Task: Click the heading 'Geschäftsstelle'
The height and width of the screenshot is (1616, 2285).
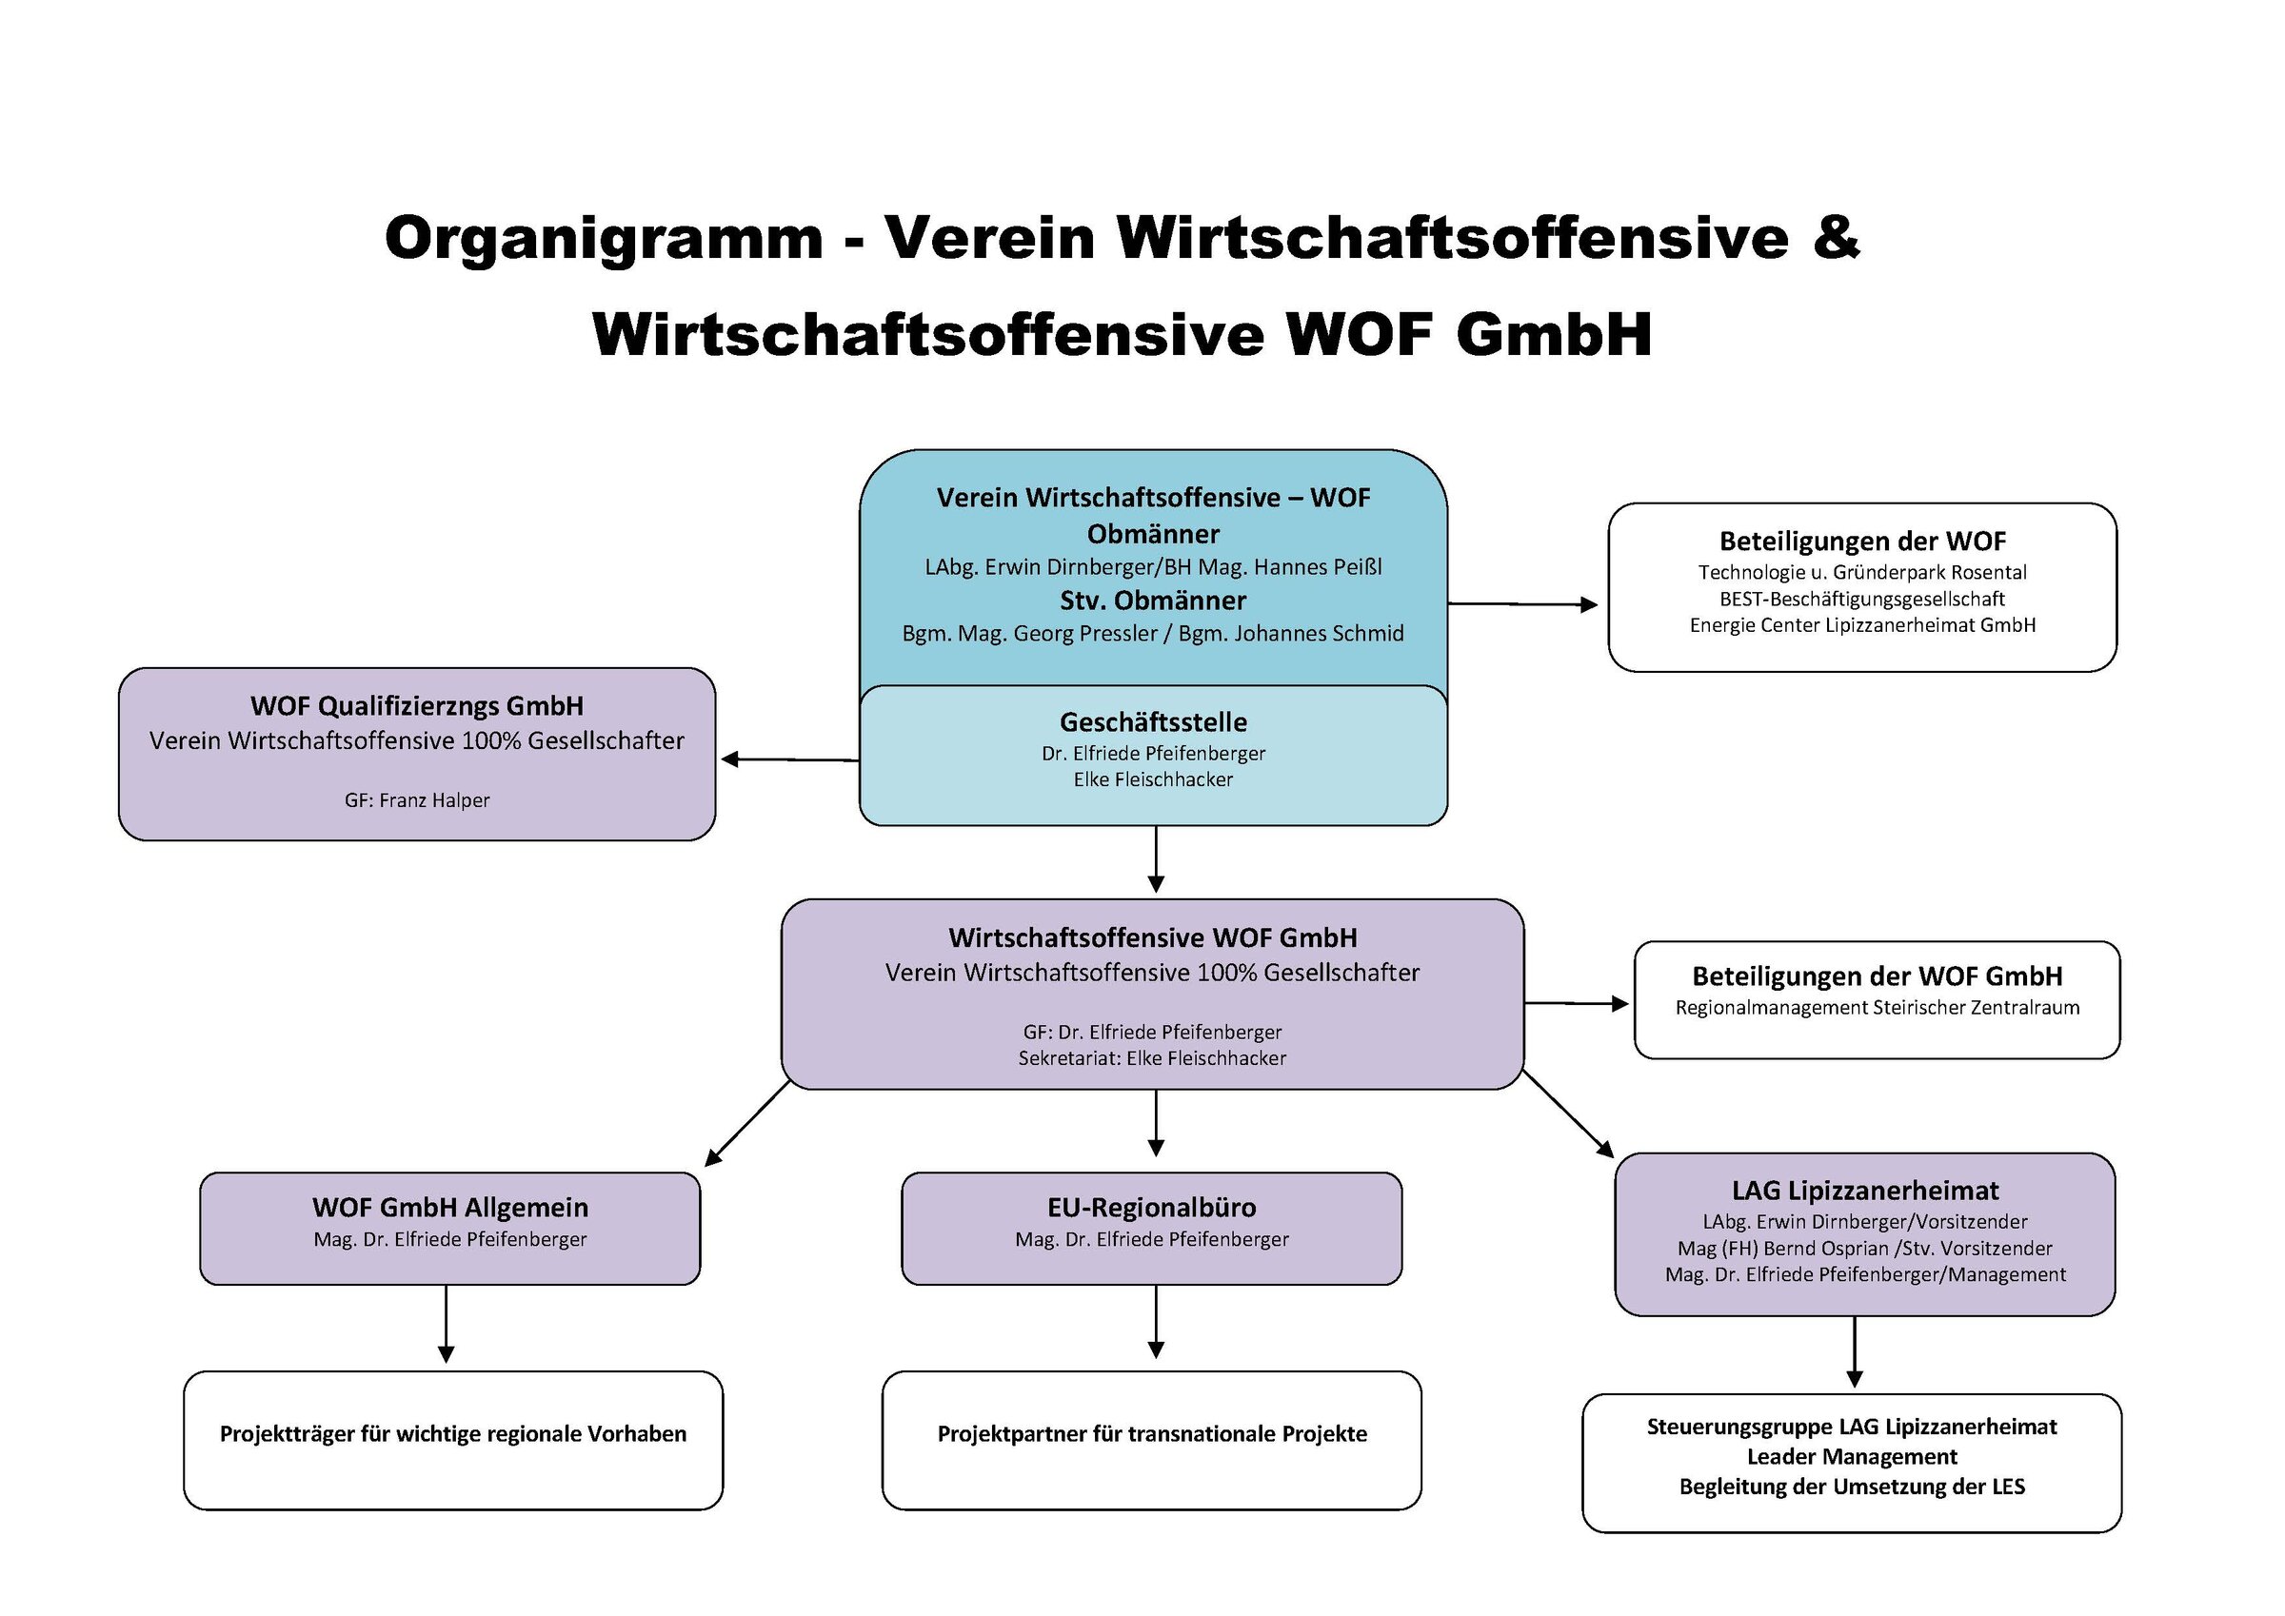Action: click(1152, 721)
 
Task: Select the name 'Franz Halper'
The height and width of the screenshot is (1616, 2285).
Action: click(434, 800)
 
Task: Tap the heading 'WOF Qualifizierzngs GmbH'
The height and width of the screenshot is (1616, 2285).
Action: click(417, 705)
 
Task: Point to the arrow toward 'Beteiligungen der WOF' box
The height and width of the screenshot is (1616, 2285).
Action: click(1522, 603)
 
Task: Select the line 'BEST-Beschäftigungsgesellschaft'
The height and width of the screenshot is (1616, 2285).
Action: click(1862, 599)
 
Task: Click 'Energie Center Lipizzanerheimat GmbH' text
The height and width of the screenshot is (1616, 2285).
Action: click(1862, 625)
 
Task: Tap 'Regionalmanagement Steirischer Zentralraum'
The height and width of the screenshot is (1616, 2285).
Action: click(1877, 1007)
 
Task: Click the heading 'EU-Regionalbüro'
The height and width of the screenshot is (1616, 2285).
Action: click(1151, 1207)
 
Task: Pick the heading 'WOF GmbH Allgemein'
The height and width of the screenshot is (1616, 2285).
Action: click(449, 1207)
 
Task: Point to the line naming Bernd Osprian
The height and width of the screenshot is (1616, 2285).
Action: click(1865, 1248)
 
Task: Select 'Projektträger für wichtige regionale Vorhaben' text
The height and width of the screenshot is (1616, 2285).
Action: click(453, 1434)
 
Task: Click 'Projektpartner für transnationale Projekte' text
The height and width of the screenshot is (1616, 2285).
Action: click(1151, 1434)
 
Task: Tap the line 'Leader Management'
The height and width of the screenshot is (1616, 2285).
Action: click(1852, 1457)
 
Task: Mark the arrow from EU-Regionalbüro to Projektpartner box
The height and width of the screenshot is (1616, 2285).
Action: click(1156, 1322)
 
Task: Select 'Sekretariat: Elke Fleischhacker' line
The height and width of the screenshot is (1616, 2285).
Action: click(1151, 1057)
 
